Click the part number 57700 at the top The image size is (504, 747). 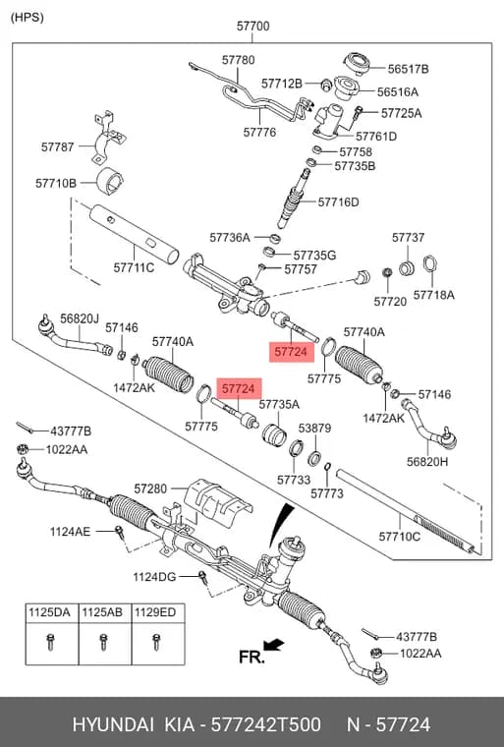(252, 26)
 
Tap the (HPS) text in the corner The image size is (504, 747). (28, 17)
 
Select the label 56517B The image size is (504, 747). (408, 69)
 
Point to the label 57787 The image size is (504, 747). (58, 146)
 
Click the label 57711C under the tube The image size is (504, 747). (134, 267)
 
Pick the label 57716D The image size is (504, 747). (338, 202)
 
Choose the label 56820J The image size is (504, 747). (80, 318)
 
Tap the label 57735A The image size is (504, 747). (279, 404)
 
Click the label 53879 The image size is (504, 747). (314, 428)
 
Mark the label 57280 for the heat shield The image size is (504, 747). (150, 488)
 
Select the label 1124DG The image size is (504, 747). (154, 576)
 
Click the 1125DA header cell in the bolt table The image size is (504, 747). (49, 612)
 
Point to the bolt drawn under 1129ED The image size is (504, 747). (155, 642)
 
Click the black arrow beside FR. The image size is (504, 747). (274, 646)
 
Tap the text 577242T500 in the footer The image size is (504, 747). (265, 724)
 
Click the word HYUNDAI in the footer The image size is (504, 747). (113, 724)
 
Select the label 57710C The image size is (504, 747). (399, 537)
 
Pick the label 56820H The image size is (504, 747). (427, 461)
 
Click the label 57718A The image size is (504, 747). (433, 295)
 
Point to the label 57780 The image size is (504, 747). (238, 60)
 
